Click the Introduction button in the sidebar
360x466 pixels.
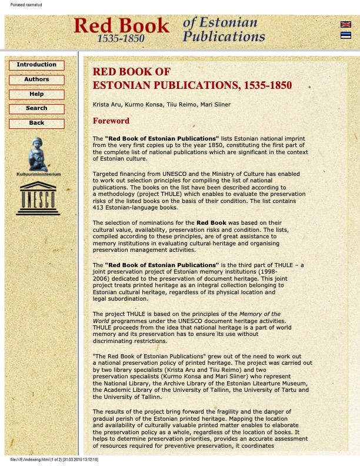[36, 65]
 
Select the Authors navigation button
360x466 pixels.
[36, 79]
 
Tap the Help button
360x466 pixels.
[36, 94]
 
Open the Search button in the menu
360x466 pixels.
[36, 109]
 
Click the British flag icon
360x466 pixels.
[346, 25]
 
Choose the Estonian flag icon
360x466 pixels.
[346, 35]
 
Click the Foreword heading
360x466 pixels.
[111, 121]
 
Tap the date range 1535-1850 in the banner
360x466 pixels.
[121, 38]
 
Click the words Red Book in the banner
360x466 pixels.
[121, 25]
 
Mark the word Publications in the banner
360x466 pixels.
[224, 36]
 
